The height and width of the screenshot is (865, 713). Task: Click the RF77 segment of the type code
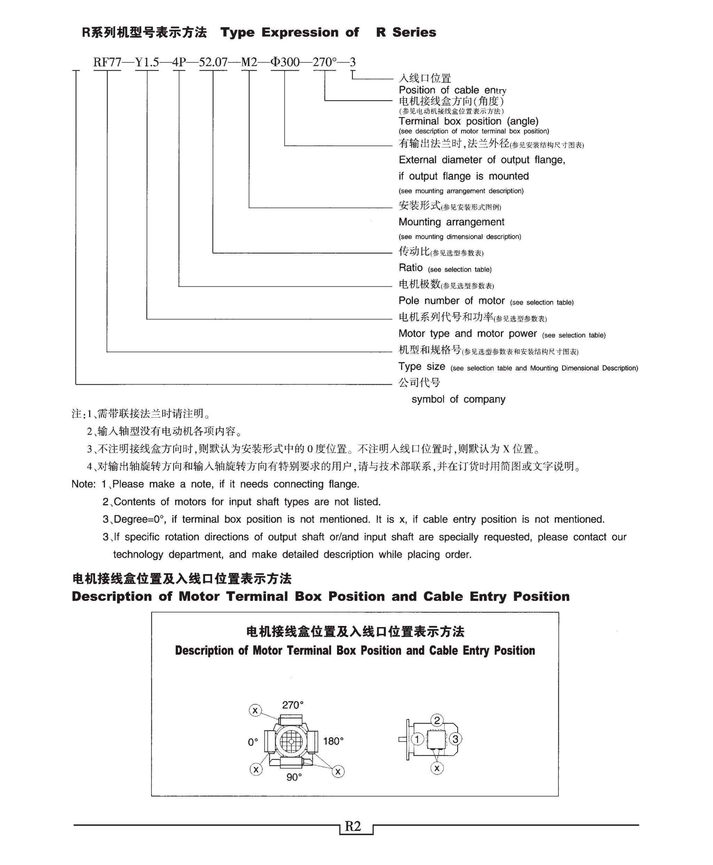pos(107,62)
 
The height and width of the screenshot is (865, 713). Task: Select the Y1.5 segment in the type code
pos(147,62)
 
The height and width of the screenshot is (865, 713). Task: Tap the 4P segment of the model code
pos(179,62)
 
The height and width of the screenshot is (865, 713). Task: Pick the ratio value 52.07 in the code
pos(213,62)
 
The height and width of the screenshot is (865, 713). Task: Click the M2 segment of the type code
pos(249,62)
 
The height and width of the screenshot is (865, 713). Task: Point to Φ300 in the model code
pos(285,62)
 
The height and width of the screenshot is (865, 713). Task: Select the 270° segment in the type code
pos(324,62)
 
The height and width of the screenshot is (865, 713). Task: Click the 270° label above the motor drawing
pos(292,705)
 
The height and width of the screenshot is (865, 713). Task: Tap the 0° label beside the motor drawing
pos(253,742)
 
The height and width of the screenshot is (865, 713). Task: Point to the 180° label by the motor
pos(333,741)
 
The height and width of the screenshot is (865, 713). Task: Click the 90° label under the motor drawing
pos(294,777)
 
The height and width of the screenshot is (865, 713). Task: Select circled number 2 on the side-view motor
pos(437,720)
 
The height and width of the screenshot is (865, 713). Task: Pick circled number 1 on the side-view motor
pos(418,739)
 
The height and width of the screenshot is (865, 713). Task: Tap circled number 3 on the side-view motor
pos(455,739)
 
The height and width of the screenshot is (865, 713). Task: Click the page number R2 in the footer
pos(353,826)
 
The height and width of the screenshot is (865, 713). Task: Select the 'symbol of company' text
pos(459,399)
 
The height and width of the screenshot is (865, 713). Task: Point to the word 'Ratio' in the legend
pos(410,268)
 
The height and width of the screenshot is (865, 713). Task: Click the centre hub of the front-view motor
pos(291,741)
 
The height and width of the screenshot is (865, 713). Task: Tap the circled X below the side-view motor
pos(437,768)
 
